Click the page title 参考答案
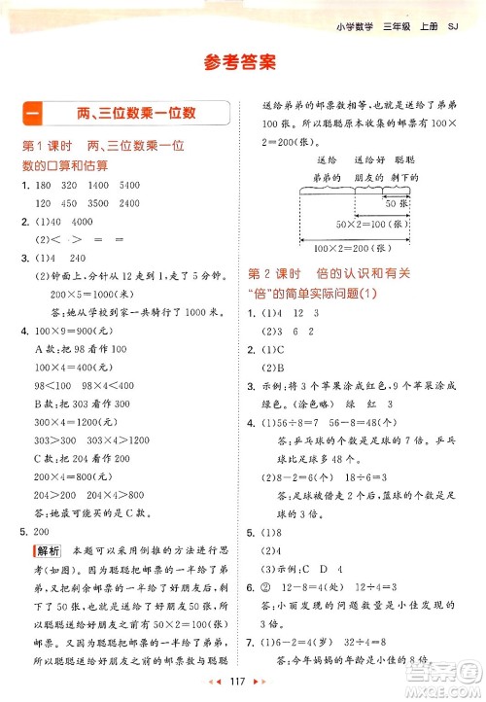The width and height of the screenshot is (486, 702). tap(243, 64)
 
